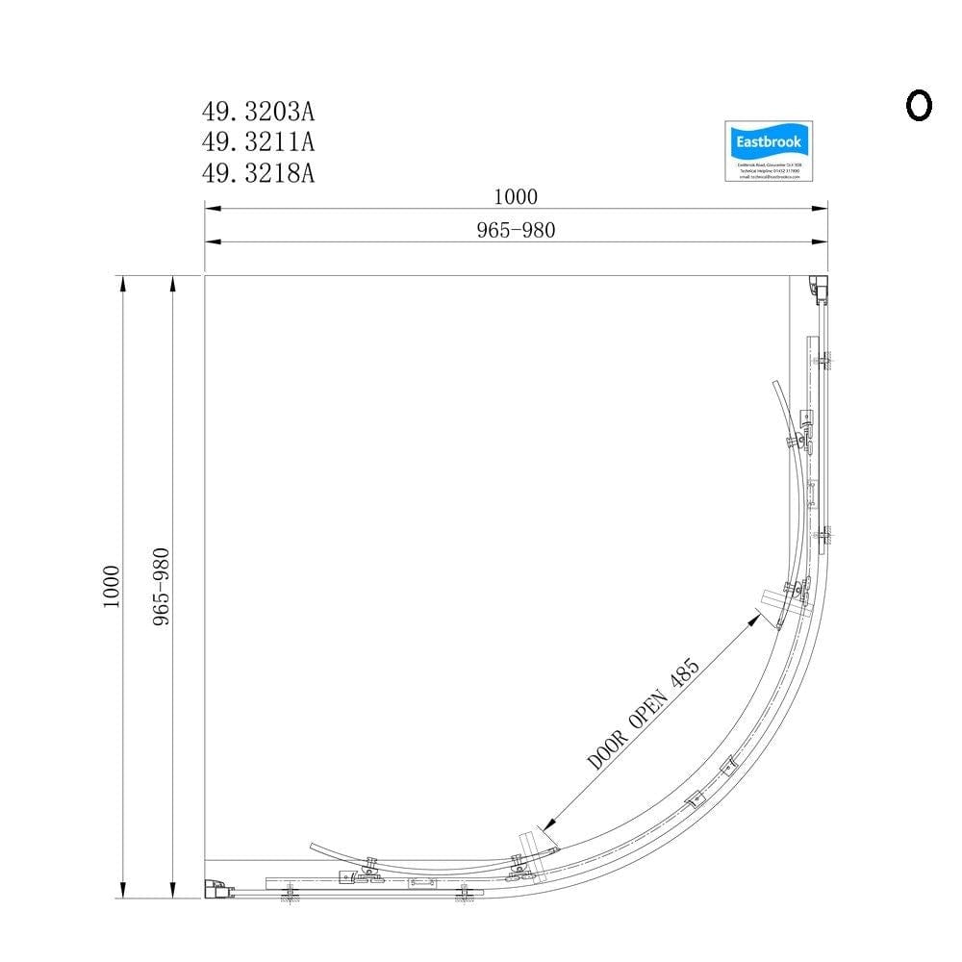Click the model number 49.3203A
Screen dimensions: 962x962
click(258, 112)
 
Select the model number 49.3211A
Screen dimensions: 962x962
click(258, 142)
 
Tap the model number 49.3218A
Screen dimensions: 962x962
click(258, 173)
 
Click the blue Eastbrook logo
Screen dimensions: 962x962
click(768, 142)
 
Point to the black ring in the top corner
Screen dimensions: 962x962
click(920, 105)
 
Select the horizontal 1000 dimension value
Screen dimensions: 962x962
click(516, 196)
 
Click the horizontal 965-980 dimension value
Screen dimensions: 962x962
click(516, 230)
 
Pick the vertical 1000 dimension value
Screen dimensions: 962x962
click(112, 586)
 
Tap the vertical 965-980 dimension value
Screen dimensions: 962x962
click(161, 586)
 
